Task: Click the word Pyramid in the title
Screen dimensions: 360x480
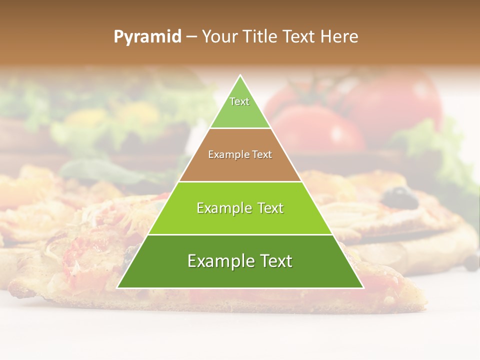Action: coord(147,37)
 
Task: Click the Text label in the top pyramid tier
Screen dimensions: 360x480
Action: coord(239,101)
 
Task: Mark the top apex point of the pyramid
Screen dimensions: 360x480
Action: coord(240,75)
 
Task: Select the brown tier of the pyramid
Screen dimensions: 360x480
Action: coord(240,167)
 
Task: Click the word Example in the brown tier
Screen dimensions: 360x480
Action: coord(226,155)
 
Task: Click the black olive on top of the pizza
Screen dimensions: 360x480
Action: coord(398,198)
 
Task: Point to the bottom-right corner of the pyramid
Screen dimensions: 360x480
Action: coord(363,287)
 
